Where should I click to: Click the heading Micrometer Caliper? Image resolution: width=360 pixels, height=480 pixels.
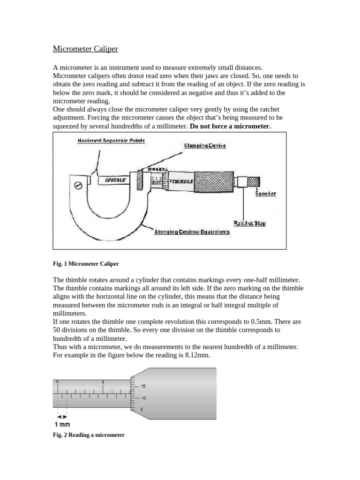click(85, 49)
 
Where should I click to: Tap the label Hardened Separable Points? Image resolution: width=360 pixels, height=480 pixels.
click(111, 141)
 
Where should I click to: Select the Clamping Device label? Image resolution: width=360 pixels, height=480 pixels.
click(205, 145)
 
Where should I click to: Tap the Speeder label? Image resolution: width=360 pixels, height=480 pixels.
click(265, 193)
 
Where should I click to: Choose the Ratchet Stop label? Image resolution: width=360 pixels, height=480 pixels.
click(249, 223)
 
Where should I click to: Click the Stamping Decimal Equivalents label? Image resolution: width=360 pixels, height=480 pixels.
click(192, 232)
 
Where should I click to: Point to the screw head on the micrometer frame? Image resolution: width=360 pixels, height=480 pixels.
click(79, 185)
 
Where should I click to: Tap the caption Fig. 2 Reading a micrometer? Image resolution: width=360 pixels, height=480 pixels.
click(89, 435)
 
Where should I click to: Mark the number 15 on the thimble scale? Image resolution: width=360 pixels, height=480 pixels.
click(143, 387)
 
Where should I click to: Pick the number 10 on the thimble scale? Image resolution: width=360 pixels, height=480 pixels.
click(143, 398)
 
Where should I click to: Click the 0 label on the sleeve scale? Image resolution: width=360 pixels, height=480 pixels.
click(57, 382)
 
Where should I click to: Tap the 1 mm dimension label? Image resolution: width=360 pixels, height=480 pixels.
click(61, 425)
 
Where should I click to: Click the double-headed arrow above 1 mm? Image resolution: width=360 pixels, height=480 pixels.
click(62, 416)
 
